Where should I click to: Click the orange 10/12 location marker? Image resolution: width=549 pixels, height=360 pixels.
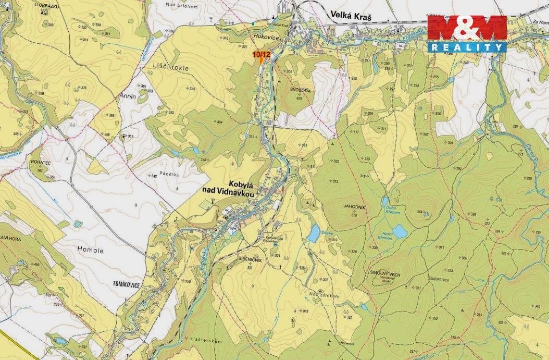261,56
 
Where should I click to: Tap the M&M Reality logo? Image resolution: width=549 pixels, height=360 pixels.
467,33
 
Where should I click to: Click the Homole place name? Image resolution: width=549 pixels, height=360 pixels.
92,251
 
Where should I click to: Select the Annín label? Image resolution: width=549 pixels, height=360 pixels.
127,97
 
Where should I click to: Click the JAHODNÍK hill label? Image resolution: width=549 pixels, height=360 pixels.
354,207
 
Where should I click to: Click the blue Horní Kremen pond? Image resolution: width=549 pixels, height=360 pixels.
400,231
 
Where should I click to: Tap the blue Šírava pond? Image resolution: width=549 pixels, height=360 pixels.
313,233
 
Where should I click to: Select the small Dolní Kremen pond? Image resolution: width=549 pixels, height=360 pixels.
385,201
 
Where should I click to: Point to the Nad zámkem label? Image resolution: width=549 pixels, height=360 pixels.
324,296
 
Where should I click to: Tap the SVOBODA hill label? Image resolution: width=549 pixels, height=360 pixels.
301,90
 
